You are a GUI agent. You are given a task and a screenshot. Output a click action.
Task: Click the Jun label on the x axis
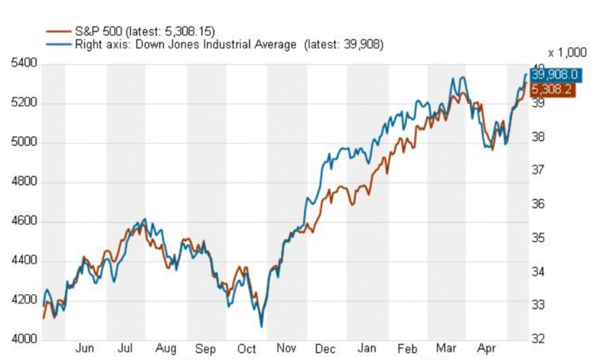[85, 349]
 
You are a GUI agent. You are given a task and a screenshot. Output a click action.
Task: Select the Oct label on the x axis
[246, 349]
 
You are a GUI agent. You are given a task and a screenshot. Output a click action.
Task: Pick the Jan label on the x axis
[367, 349]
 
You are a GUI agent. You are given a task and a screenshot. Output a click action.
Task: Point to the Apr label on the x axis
[486, 349]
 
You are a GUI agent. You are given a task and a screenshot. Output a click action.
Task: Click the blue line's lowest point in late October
[262, 326]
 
